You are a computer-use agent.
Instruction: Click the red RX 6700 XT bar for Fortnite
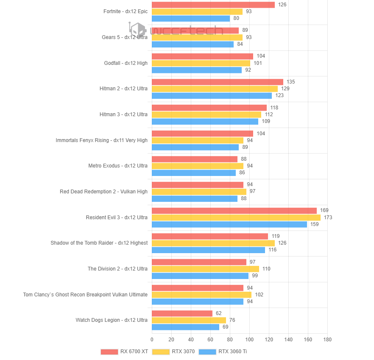pos(213,5)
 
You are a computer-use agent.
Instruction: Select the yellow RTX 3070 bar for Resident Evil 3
pos(236,218)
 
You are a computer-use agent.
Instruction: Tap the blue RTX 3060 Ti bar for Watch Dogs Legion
pos(185,327)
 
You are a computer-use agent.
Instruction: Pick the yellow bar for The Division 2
pos(205,269)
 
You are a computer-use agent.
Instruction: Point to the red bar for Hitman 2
pos(217,82)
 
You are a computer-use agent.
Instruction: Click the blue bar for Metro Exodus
pos(193,173)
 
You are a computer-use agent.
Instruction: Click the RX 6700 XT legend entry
pos(124,352)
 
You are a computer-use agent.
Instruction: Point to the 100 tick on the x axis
pos(249,340)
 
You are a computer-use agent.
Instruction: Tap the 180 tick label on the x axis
pos(327,340)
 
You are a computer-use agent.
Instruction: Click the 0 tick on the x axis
pos(152,340)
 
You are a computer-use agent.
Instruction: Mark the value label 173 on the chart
pos(328,218)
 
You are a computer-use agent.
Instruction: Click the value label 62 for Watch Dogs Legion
pos(219,313)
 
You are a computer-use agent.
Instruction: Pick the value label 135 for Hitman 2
pos(291,82)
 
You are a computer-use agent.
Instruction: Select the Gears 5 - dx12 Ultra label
pos(125,37)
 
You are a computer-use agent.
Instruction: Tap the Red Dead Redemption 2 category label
pos(103,192)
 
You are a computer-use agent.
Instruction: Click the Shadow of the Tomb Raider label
pos(99,243)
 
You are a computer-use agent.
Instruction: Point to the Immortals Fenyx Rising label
pos(102,140)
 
